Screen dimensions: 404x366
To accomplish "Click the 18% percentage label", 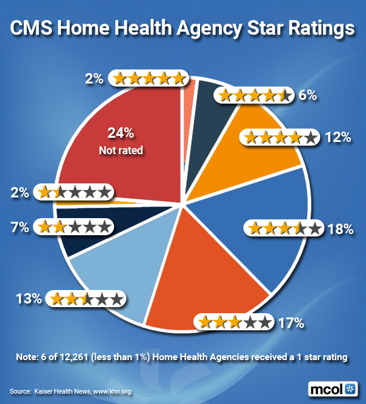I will [340, 229].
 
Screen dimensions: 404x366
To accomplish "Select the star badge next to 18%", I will [282, 229].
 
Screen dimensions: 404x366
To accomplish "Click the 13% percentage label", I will [29, 299].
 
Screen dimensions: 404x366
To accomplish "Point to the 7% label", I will [20, 227].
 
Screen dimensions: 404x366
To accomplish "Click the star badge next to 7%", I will [75, 227].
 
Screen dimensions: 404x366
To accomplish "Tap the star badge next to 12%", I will [279, 137].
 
